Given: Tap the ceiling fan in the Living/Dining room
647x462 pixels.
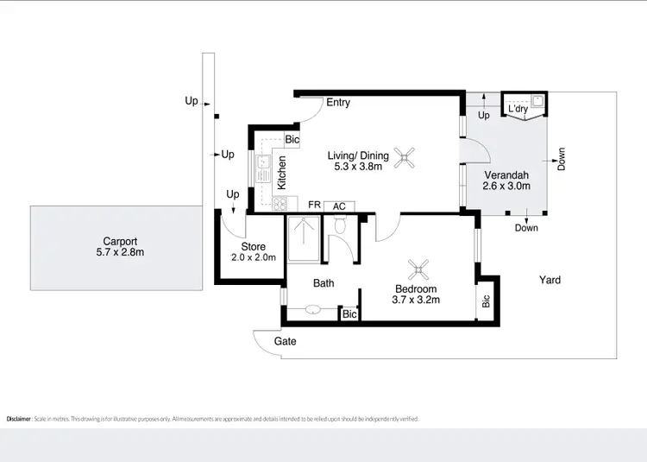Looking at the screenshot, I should [405, 156].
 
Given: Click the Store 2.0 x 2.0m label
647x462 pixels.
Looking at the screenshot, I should [253, 252].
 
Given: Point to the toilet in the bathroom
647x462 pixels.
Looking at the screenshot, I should [340, 226].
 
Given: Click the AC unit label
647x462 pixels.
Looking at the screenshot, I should [339, 206].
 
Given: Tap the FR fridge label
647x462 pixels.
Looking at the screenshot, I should [315, 206].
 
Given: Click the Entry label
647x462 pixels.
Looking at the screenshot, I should [338, 103].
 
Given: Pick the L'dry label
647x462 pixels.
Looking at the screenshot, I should [518, 110].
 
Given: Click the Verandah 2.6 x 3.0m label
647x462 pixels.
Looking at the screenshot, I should [506, 180].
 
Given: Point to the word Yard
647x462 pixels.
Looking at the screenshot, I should [550, 280].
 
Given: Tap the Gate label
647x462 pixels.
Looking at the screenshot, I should [286, 341].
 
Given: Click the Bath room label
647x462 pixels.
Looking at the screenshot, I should [323, 282].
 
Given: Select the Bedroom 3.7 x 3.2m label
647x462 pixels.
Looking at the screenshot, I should [418, 294].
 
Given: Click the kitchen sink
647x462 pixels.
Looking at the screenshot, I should [267, 163].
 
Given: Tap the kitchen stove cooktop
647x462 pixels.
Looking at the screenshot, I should [279, 204].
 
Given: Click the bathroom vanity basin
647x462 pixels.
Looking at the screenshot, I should [312, 309].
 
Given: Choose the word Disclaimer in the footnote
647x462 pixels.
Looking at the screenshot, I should [19, 419].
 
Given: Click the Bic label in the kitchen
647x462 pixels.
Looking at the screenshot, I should [292, 139].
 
